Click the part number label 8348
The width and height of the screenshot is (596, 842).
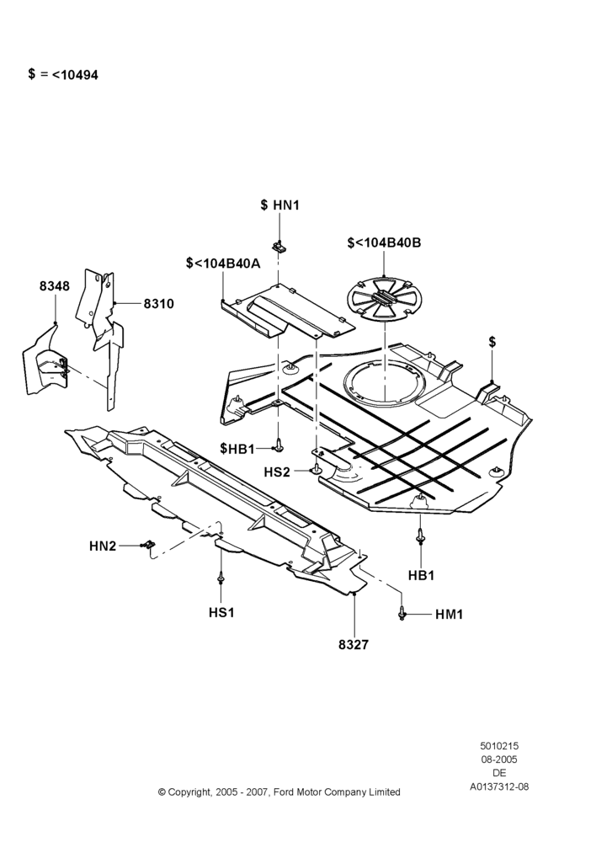coord(54,286)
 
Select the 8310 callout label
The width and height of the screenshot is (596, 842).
coord(159,304)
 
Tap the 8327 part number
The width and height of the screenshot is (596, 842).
coord(354,644)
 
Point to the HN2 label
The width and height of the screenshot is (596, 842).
coord(103,546)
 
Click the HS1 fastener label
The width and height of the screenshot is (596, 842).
coord(221,612)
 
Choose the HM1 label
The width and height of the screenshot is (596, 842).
coord(449,615)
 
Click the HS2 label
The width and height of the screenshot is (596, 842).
coord(277,472)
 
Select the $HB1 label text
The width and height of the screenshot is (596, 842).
coord(237,449)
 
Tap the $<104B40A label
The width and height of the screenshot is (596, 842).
coord(223,263)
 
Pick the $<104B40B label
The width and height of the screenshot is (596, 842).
coord(385,242)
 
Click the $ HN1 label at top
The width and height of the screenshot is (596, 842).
coord(279,205)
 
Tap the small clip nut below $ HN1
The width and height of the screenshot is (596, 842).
coord(279,247)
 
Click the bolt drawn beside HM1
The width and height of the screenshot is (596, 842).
coord(402,613)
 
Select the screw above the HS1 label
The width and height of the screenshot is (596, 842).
coord(221,580)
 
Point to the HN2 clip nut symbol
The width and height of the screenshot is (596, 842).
coord(147,545)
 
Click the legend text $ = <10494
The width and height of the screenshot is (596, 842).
coord(63,75)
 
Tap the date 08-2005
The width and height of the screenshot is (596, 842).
coord(499,759)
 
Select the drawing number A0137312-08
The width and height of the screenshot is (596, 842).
coord(499,786)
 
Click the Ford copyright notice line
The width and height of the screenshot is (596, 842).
coord(279,791)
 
